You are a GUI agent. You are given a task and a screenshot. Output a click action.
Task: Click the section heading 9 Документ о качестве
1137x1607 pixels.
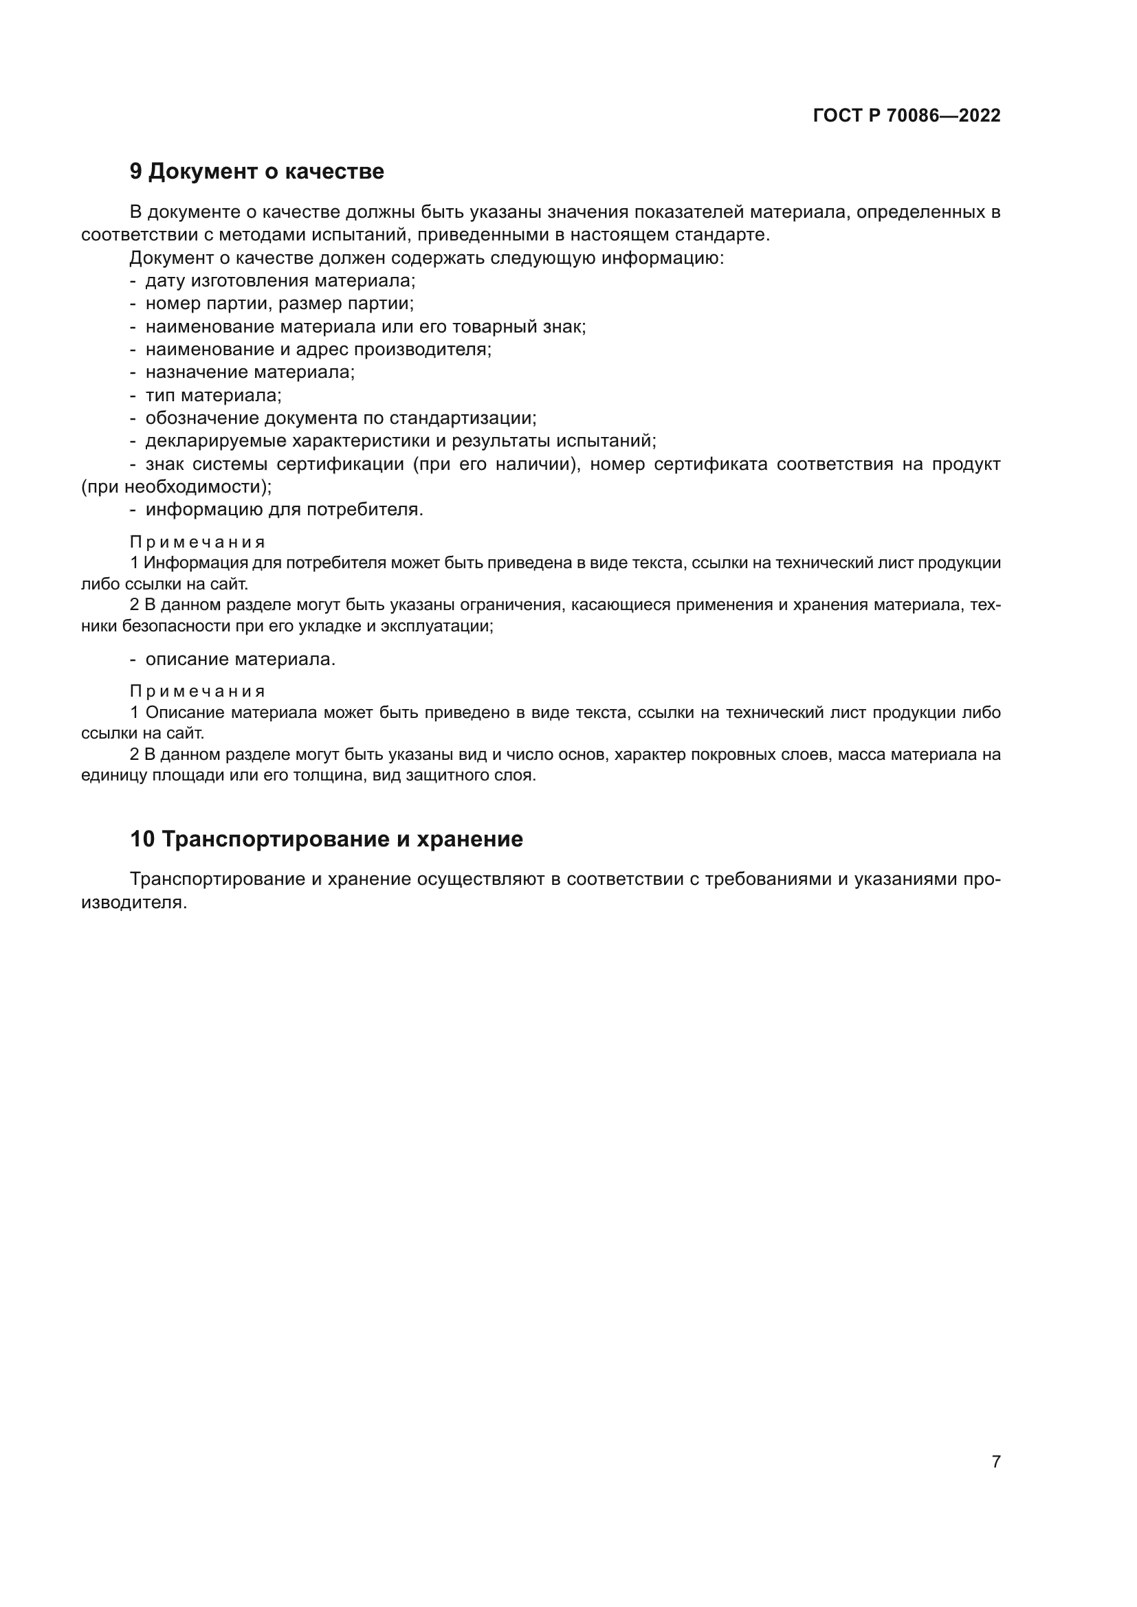pos(256,172)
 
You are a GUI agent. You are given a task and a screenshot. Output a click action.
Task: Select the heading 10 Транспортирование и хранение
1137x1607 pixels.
pos(327,839)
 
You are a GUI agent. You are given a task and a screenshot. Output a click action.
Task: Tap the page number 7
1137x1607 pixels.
pos(995,1461)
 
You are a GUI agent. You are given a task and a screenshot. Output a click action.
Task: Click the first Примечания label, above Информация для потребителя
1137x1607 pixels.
pos(197,543)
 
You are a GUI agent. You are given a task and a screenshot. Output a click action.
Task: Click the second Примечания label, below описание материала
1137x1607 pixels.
pos(197,692)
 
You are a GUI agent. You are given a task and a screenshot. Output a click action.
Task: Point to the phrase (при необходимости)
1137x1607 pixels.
pos(176,486)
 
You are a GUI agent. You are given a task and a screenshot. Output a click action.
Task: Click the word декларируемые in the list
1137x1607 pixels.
pos(216,441)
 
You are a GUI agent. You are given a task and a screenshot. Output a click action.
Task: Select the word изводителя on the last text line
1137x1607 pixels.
pos(134,903)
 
